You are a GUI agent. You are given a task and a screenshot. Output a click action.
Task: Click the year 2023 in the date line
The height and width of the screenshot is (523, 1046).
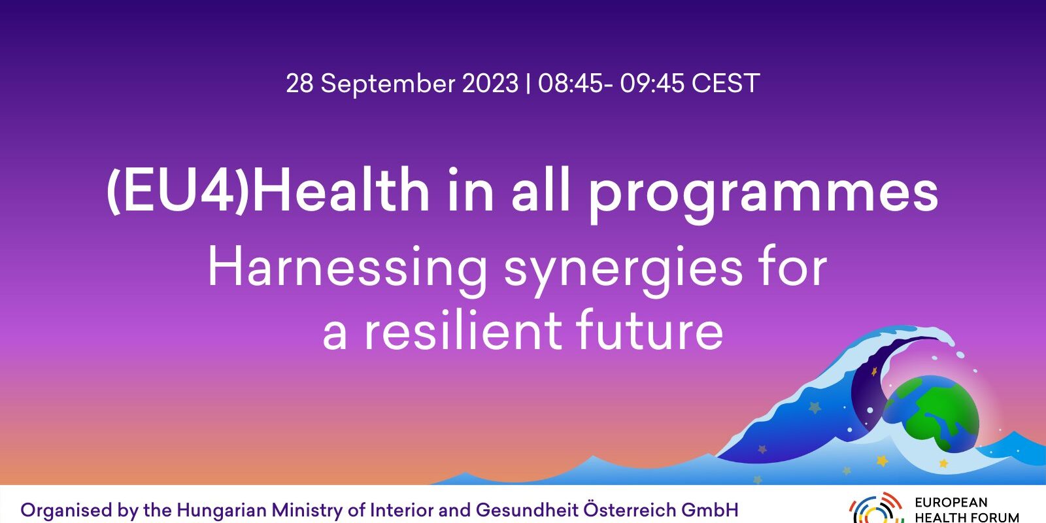490,84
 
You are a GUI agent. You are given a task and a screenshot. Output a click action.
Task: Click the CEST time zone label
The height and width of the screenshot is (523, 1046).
726,84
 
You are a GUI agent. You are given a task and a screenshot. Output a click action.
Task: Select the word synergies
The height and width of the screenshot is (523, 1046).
623,271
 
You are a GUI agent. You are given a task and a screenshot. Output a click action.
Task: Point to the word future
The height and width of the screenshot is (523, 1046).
650,330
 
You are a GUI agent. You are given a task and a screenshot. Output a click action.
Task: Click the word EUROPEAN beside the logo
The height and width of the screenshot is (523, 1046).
951,503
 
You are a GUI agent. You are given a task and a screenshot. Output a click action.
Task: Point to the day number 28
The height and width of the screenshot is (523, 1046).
299,84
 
